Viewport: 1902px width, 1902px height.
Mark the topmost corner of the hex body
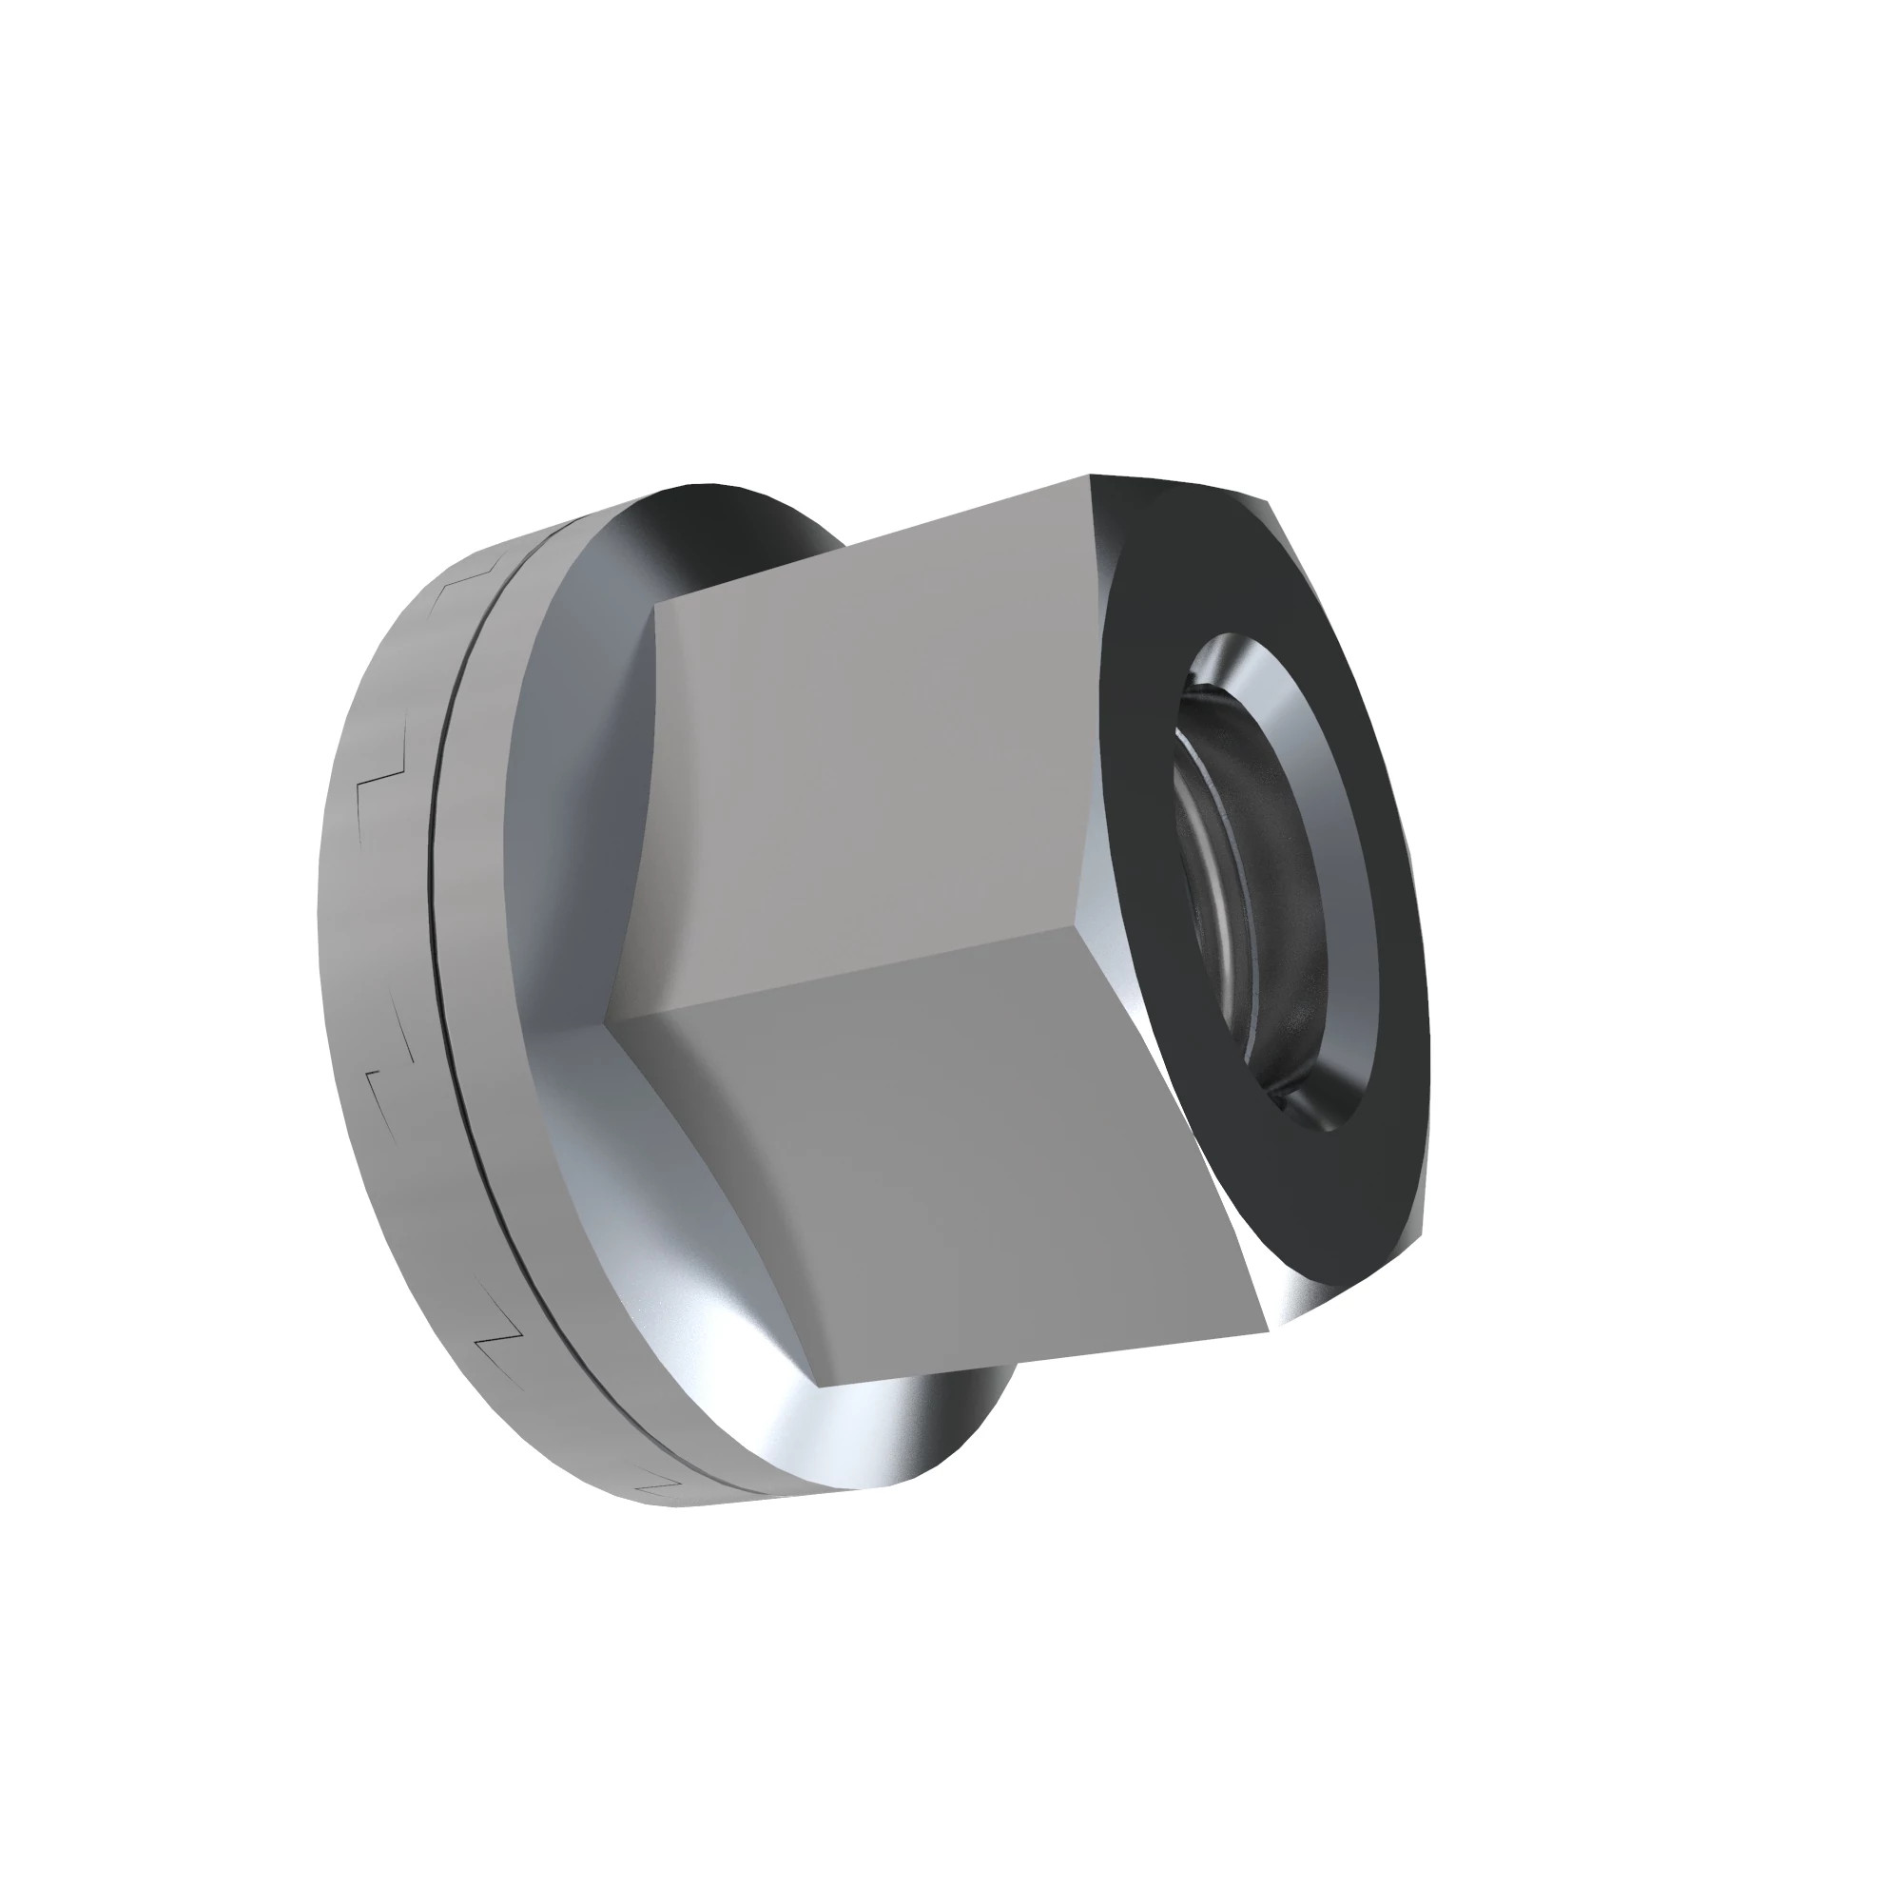1092,476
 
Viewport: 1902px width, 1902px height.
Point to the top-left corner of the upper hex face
656,603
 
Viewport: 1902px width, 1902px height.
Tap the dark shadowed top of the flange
748,512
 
